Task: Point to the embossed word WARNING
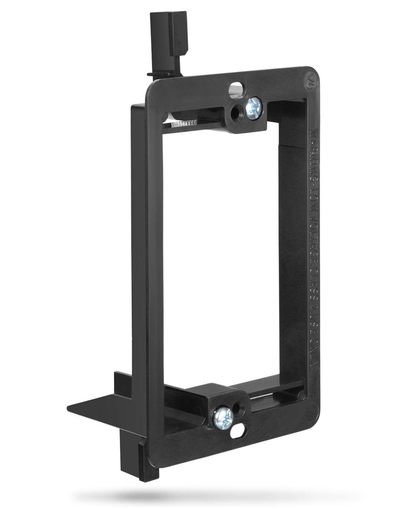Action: click(313, 146)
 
